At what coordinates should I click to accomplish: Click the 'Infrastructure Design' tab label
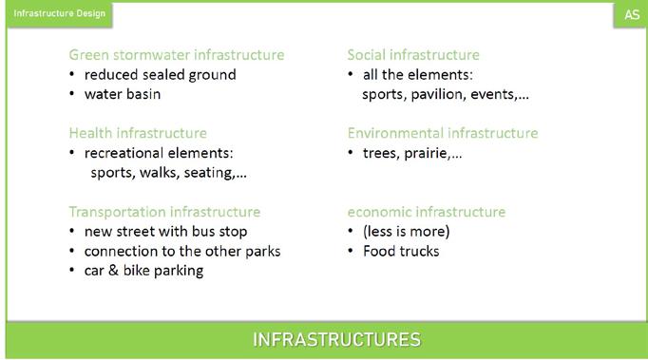point(60,13)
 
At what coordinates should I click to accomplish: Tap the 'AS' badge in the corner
point(632,15)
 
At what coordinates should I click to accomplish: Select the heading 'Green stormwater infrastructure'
point(177,55)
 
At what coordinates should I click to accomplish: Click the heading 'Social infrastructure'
point(413,55)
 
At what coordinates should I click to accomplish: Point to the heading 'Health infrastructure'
point(138,133)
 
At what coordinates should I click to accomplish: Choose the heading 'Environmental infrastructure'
point(443,133)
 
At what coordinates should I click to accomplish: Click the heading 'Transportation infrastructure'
point(164,212)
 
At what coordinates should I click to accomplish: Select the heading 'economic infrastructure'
point(427,212)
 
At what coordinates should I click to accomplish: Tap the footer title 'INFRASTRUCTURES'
point(336,340)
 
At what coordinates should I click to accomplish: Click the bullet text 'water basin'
point(123,94)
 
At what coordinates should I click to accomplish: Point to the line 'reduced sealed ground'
point(161,75)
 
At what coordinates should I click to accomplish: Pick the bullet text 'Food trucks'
point(401,252)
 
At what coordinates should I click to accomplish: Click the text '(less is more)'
point(407,232)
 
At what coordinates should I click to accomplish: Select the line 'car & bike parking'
point(143,271)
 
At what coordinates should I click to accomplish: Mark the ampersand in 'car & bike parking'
point(114,271)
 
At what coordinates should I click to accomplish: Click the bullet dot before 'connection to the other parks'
point(72,251)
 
